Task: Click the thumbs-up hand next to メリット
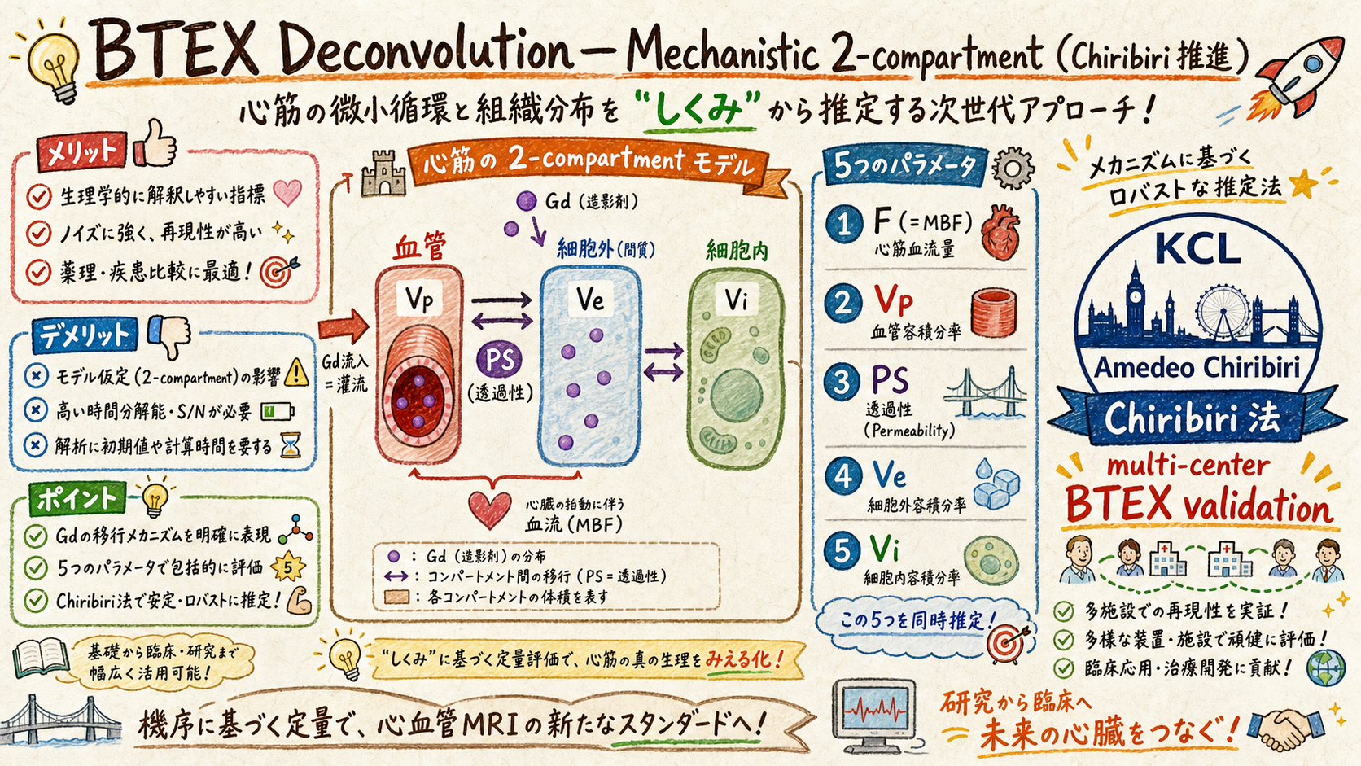(x=155, y=143)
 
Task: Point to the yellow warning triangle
(x=296, y=372)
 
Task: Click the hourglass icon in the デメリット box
(x=291, y=445)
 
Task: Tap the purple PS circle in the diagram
(x=500, y=360)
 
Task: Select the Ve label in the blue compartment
(x=590, y=298)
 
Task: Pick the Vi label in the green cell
(x=737, y=299)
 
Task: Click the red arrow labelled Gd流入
(x=344, y=326)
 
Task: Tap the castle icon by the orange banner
(x=383, y=174)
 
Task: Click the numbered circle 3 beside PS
(x=842, y=383)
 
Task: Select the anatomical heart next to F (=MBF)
(x=1000, y=233)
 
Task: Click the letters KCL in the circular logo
(x=1197, y=248)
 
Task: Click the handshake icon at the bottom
(x=1284, y=729)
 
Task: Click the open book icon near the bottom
(x=42, y=657)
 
